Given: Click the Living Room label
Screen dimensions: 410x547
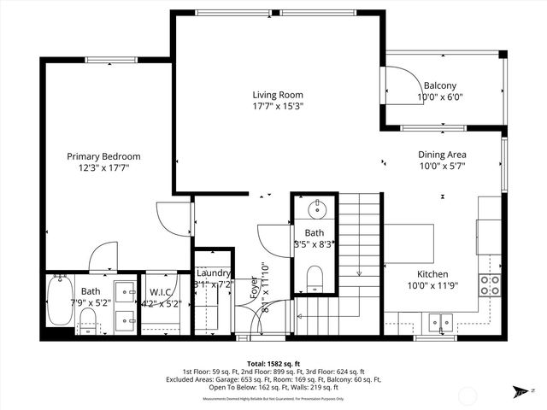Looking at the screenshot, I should pyautogui.click(x=278, y=95).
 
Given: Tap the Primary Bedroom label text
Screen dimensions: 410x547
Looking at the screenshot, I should pyautogui.click(x=104, y=156).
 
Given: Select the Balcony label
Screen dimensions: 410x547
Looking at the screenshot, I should pyautogui.click(x=440, y=85).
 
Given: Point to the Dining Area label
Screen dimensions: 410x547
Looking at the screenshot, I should pyautogui.click(x=441, y=155).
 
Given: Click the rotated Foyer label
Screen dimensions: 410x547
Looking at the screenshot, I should pyautogui.click(x=253, y=292).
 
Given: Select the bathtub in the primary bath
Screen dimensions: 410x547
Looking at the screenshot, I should pyautogui.click(x=60, y=303).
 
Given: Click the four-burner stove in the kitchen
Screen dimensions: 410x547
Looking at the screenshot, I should pyautogui.click(x=490, y=285).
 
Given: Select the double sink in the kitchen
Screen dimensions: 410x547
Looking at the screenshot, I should pyautogui.click(x=441, y=322).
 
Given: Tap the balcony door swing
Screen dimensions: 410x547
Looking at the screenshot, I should pyautogui.click(x=394, y=85).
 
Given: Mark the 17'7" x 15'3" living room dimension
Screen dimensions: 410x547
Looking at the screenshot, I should pyautogui.click(x=278, y=107).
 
